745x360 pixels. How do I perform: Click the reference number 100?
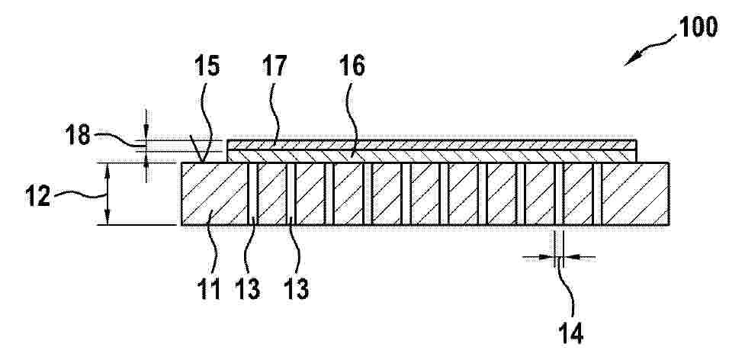click(x=698, y=27)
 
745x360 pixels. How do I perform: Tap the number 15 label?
click(x=207, y=66)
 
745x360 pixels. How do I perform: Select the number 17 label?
click(x=275, y=66)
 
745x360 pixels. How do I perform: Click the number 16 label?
click(x=352, y=66)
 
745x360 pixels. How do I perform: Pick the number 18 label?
click(x=78, y=134)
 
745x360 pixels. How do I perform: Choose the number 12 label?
click(x=37, y=197)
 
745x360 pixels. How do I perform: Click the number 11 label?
click(x=209, y=288)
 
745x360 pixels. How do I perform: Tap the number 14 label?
click(x=570, y=333)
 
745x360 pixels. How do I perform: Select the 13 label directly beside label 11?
click(x=248, y=288)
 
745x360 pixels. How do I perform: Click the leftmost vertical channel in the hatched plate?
click(x=252, y=194)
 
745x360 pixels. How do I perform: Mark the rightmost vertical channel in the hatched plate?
click(x=597, y=194)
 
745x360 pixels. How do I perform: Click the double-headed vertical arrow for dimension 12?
click(x=108, y=194)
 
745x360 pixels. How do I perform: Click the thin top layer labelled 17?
click(x=432, y=144)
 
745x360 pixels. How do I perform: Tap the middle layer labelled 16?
click(x=432, y=156)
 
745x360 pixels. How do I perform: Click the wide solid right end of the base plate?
click(x=635, y=194)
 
